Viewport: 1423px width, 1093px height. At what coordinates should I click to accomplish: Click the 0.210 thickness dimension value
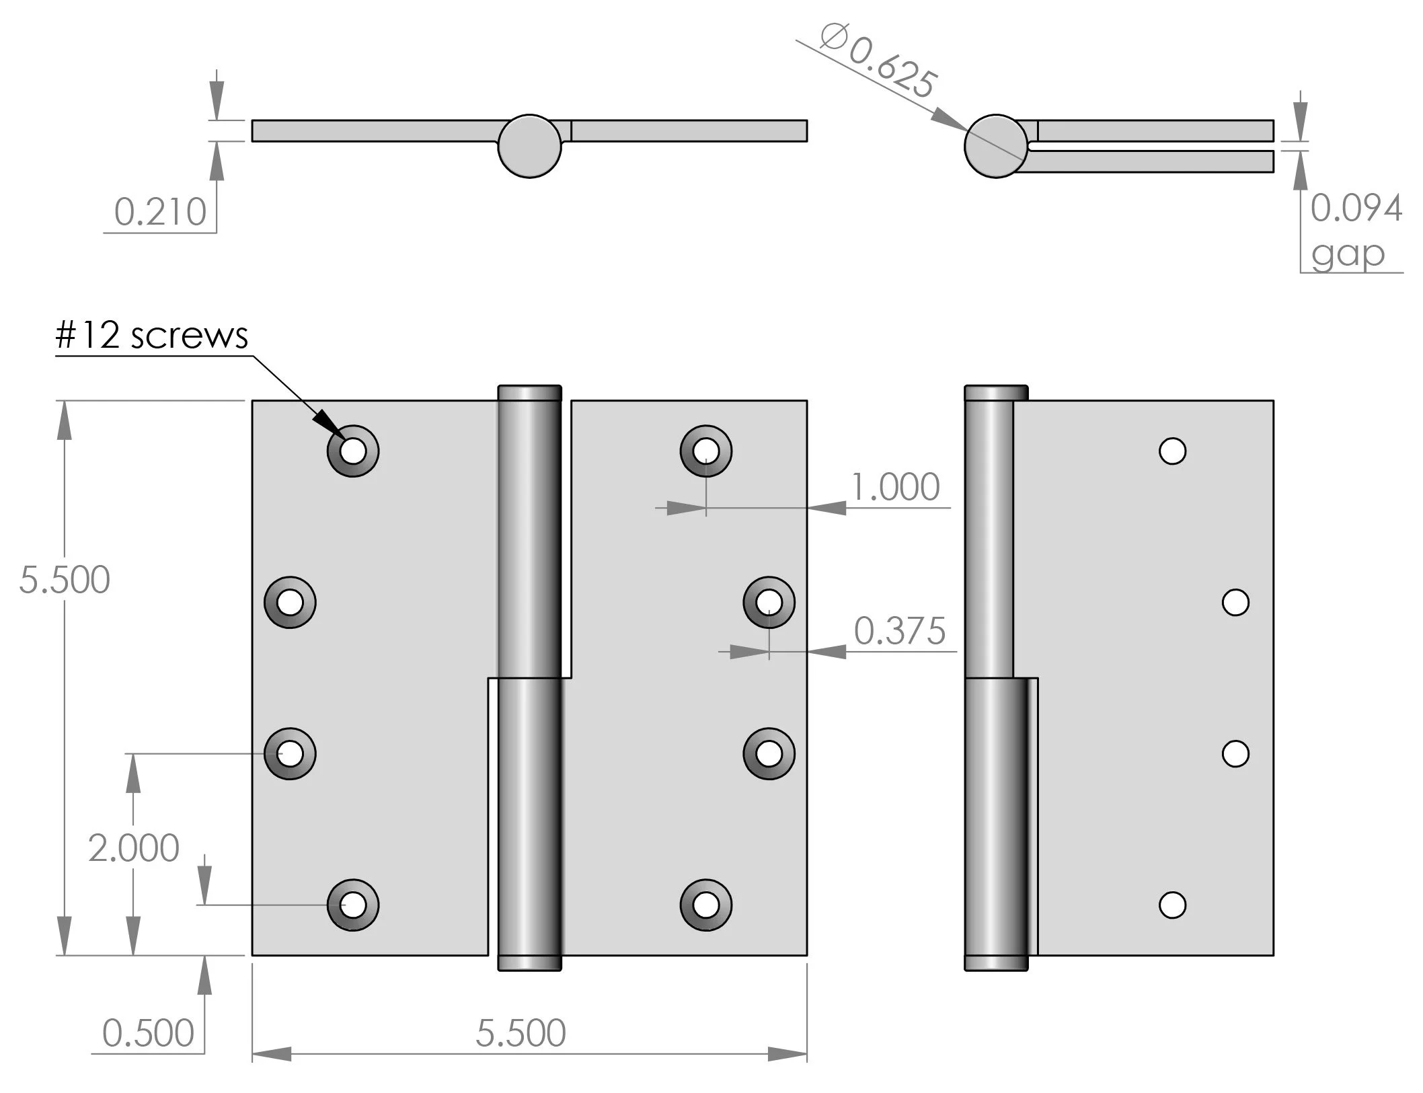160,212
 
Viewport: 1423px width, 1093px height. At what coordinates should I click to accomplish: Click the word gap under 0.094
1348,254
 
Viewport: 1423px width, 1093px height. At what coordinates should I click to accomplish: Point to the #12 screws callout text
152,335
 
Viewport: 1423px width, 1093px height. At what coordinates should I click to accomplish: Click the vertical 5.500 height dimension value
65,580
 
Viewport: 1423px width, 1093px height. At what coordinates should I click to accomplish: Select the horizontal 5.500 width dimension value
521,1033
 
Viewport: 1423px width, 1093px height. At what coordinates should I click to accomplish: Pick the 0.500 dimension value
148,1033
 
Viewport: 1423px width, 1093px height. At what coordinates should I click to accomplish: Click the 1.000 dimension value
895,487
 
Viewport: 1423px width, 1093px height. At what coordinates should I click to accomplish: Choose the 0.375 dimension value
900,631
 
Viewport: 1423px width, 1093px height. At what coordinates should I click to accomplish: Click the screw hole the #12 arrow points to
353,451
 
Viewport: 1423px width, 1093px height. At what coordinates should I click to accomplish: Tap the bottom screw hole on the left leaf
353,905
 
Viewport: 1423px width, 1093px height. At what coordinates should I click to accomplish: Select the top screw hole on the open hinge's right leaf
706,451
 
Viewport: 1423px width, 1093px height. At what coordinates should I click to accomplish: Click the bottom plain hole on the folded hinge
1172,905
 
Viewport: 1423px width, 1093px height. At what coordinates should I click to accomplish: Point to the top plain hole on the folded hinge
1172,451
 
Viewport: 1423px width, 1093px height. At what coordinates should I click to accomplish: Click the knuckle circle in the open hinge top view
530,146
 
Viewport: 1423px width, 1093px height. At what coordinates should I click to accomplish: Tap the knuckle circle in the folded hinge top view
996,146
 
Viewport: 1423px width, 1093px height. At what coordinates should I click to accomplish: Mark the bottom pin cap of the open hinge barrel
530,963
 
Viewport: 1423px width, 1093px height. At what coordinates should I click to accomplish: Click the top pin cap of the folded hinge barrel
996,393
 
